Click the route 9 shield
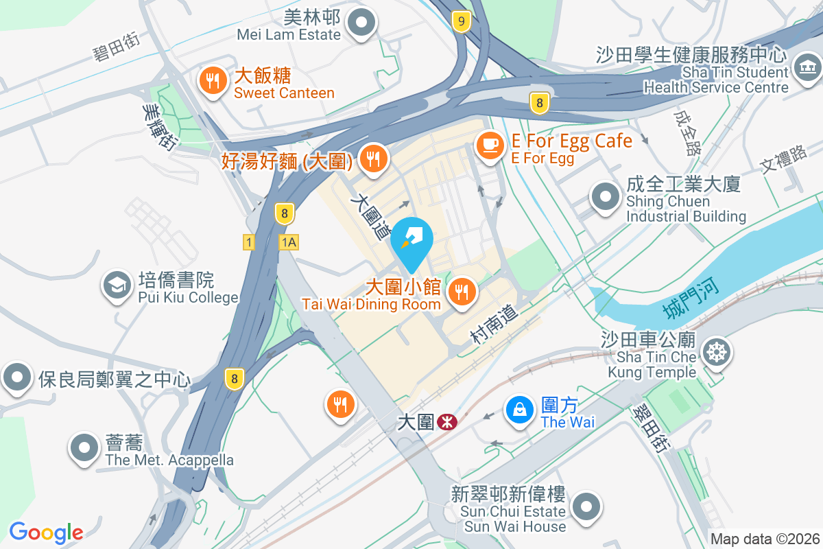pyautogui.click(x=462, y=22)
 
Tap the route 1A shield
pyautogui.click(x=289, y=242)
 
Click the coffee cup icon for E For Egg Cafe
pyautogui.click(x=490, y=143)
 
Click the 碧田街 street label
pyautogui.click(x=117, y=46)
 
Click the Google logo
pyautogui.click(x=46, y=533)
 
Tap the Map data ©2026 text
pyautogui.click(x=764, y=539)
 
